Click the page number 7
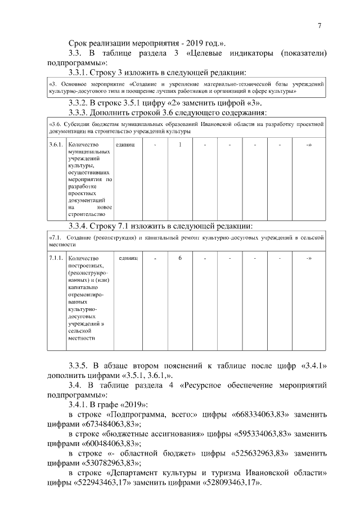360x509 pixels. [x=319, y=25]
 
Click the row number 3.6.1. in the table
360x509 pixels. [x=56, y=145]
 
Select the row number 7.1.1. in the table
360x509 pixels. [x=56, y=258]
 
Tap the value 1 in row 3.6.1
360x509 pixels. [x=180, y=145]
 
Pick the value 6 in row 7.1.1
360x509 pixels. [x=180, y=258]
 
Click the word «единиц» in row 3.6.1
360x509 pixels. [x=125, y=145]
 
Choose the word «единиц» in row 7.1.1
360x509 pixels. [x=125, y=258]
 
